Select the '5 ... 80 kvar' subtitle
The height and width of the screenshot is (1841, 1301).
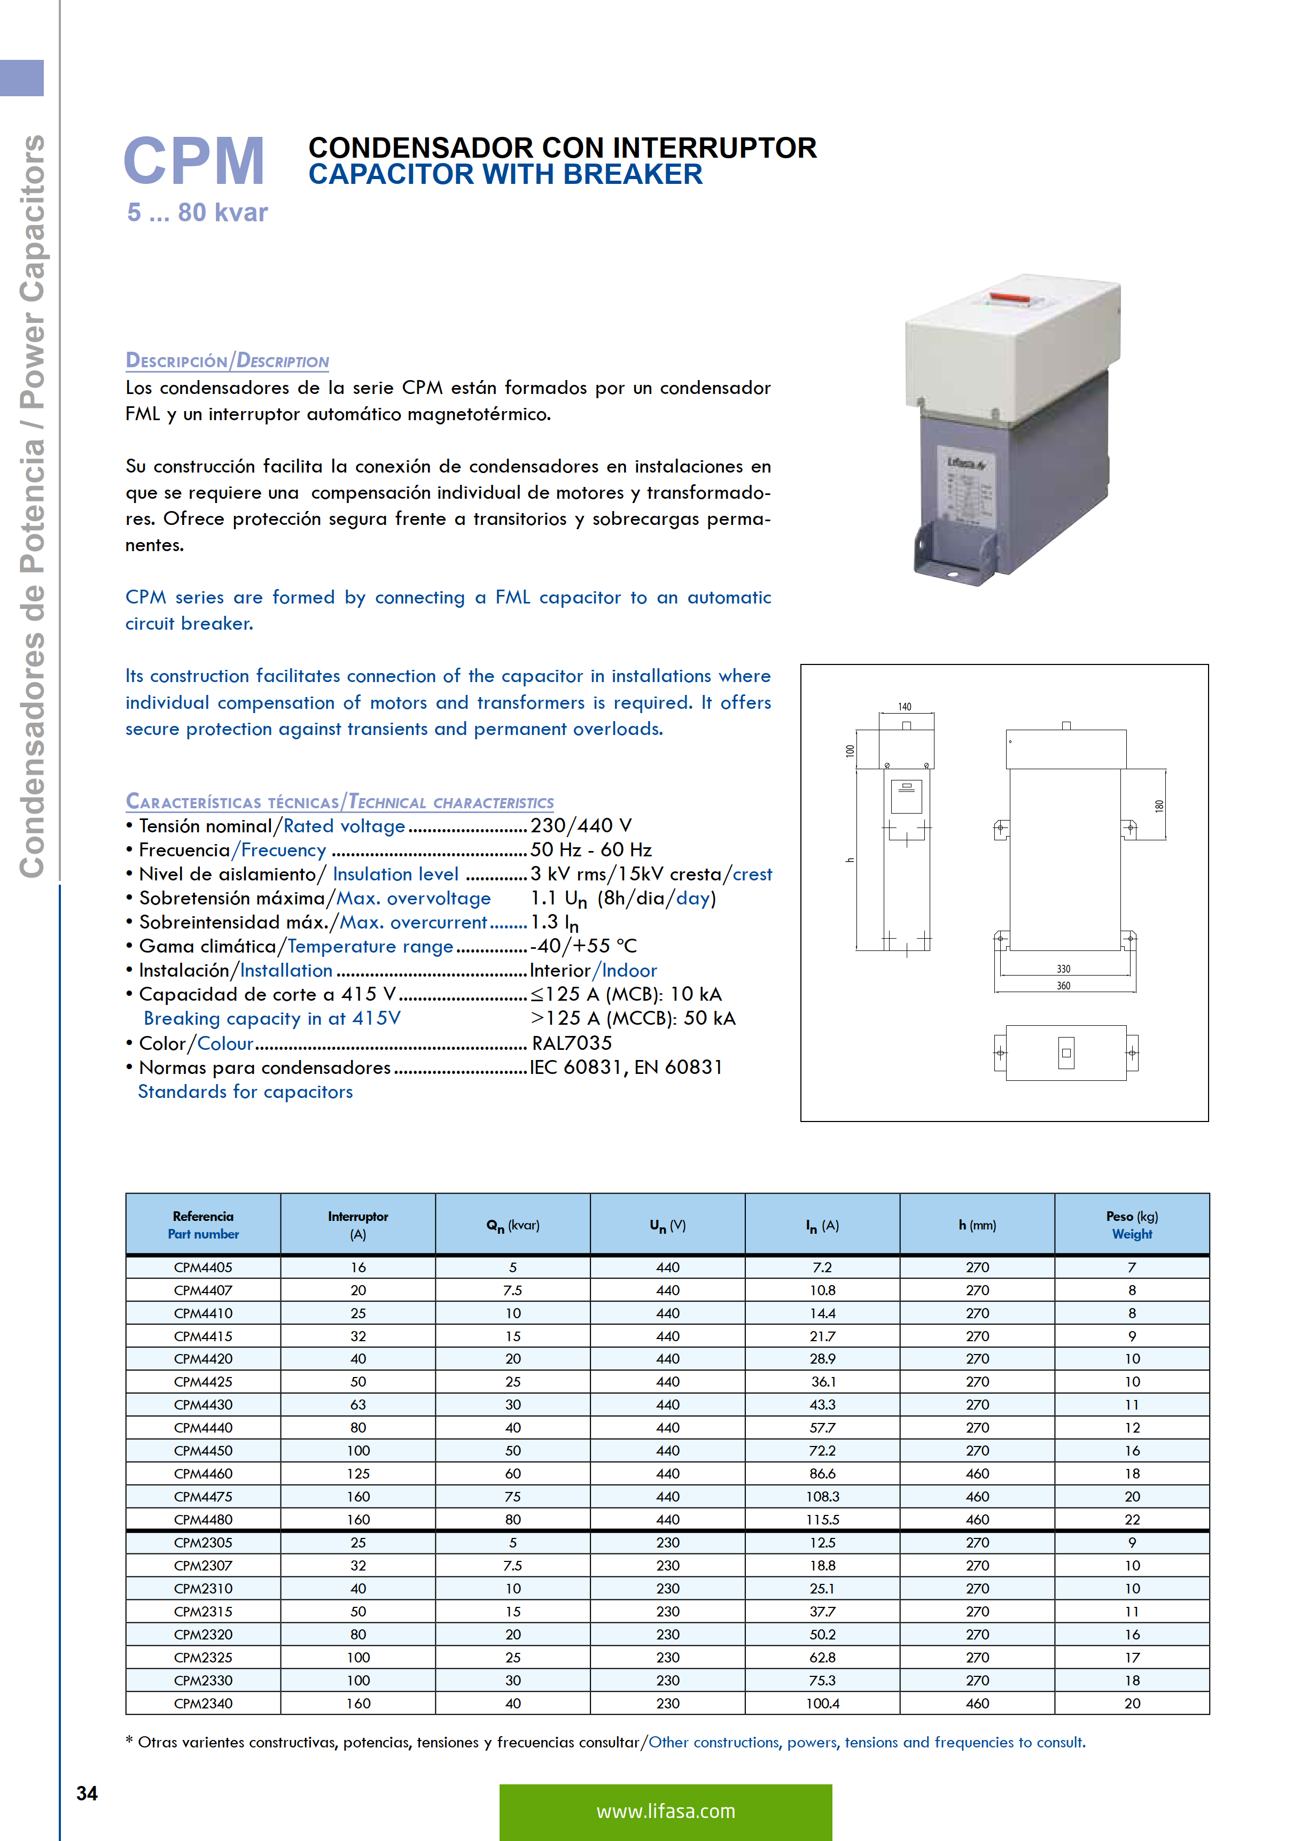click(197, 213)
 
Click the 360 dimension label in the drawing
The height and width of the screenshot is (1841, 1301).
click(1063, 986)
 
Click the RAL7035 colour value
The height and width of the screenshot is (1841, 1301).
click(572, 1043)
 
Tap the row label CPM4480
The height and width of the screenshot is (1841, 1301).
click(203, 1519)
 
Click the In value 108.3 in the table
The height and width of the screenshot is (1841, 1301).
click(822, 1497)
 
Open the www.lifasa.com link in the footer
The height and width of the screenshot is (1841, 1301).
click(665, 1811)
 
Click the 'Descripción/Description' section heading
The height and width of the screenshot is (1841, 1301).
click(227, 361)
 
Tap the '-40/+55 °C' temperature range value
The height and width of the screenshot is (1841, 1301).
click(583, 946)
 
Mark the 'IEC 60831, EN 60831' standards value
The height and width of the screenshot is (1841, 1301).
click(626, 1067)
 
